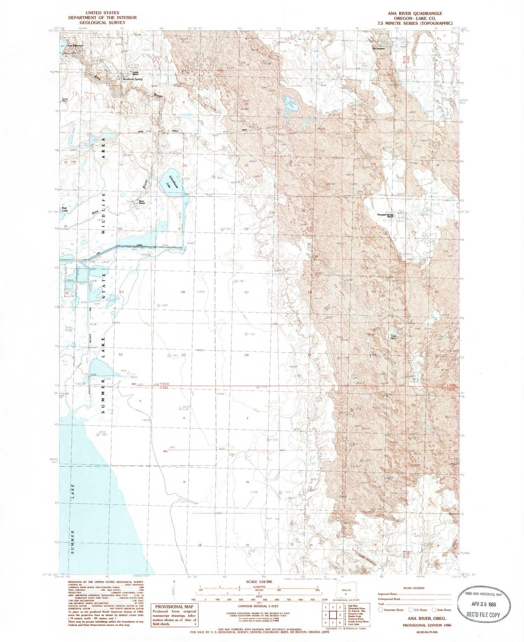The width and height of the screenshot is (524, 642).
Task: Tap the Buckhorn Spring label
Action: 131,79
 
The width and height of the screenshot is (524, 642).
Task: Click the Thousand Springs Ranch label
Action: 386,216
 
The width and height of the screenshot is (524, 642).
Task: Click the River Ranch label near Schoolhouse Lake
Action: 141,202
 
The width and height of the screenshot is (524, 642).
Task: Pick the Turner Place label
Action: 65,99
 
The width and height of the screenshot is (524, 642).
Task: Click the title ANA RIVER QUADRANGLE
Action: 418,14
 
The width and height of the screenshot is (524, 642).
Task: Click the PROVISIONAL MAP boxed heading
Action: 174,607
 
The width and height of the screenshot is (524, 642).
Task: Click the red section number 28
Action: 183,292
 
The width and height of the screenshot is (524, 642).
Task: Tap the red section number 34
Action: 247,355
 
